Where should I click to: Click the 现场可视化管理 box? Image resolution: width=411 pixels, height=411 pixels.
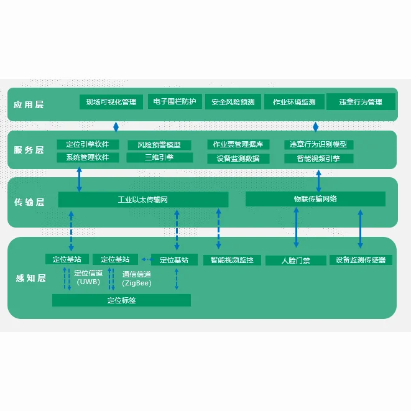click(111, 102)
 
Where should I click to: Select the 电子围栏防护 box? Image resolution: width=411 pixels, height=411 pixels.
click(172, 101)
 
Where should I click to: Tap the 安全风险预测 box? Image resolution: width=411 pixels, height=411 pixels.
click(233, 102)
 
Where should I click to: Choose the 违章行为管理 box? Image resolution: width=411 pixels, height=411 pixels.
click(361, 102)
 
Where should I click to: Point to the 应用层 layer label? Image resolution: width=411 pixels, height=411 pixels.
click(29, 104)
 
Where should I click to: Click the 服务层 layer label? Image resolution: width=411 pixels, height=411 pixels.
click(29, 150)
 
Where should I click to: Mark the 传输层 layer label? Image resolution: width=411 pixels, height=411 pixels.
click(29, 202)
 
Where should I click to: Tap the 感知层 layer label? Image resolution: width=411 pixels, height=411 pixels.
click(29, 278)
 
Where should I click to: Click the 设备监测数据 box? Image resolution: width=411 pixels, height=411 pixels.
click(238, 159)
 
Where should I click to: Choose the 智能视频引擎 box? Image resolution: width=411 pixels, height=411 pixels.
click(319, 159)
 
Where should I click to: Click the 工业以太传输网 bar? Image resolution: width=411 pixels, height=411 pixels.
click(143, 200)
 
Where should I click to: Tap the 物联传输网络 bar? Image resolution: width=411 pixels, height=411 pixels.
click(315, 199)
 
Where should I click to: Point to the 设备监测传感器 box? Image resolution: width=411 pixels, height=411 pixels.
click(361, 260)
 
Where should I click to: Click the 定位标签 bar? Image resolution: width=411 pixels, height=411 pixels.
click(121, 300)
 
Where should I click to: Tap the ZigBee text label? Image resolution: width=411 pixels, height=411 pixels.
click(137, 283)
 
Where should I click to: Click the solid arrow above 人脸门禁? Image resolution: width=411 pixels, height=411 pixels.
click(296, 229)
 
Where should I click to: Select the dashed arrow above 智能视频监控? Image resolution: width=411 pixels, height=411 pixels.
click(218, 229)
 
